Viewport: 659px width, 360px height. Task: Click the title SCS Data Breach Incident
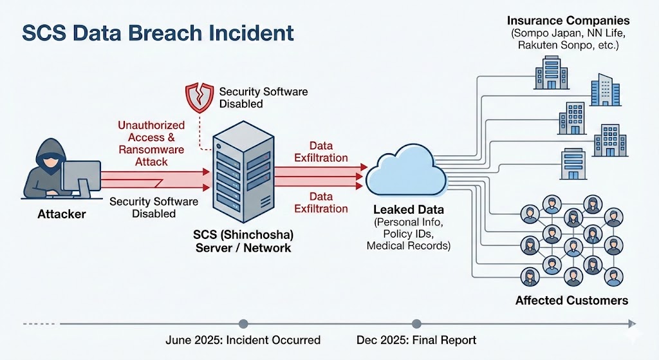158,33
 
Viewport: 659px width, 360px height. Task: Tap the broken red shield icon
198,97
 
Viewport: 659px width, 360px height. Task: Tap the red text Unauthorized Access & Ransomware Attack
151,144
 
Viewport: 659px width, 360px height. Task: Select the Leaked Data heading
409,210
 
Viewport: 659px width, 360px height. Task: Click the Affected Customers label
571,300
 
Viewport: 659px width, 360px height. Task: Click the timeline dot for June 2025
243,324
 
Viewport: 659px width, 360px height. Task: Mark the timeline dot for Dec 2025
416,324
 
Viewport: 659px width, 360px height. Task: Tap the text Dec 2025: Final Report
416,341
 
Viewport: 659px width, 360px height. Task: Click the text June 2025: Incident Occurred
243,341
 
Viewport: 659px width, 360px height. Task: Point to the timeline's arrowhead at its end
633,324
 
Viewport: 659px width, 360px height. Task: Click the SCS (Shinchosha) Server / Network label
243,242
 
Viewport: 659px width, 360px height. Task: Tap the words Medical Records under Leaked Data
409,245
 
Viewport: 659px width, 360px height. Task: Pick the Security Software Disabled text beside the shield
263,98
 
